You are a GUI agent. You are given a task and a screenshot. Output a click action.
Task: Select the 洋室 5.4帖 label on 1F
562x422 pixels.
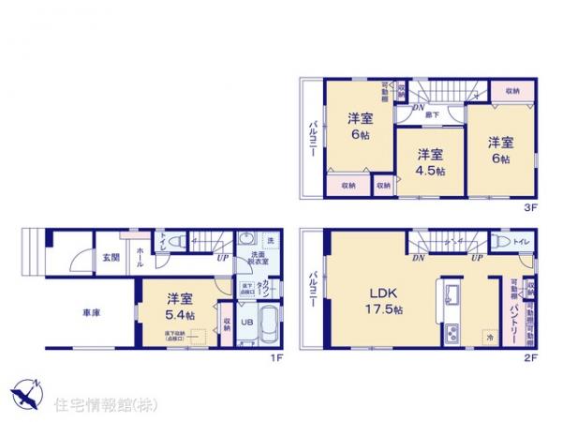pyautogui.click(x=180, y=308)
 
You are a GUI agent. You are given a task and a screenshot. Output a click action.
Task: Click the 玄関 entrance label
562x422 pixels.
pyautogui.click(x=84, y=257)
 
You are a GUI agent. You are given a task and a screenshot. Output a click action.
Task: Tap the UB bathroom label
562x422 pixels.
pyautogui.click(x=247, y=321)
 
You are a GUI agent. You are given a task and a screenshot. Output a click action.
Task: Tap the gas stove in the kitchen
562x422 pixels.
pyautogui.click(x=450, y=331)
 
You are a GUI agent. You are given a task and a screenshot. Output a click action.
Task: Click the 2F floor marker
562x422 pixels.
pyautogui.click(x=528, y=357)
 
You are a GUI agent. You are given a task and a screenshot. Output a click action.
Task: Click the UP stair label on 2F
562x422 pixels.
pyautogui.click(x=477, y=255)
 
